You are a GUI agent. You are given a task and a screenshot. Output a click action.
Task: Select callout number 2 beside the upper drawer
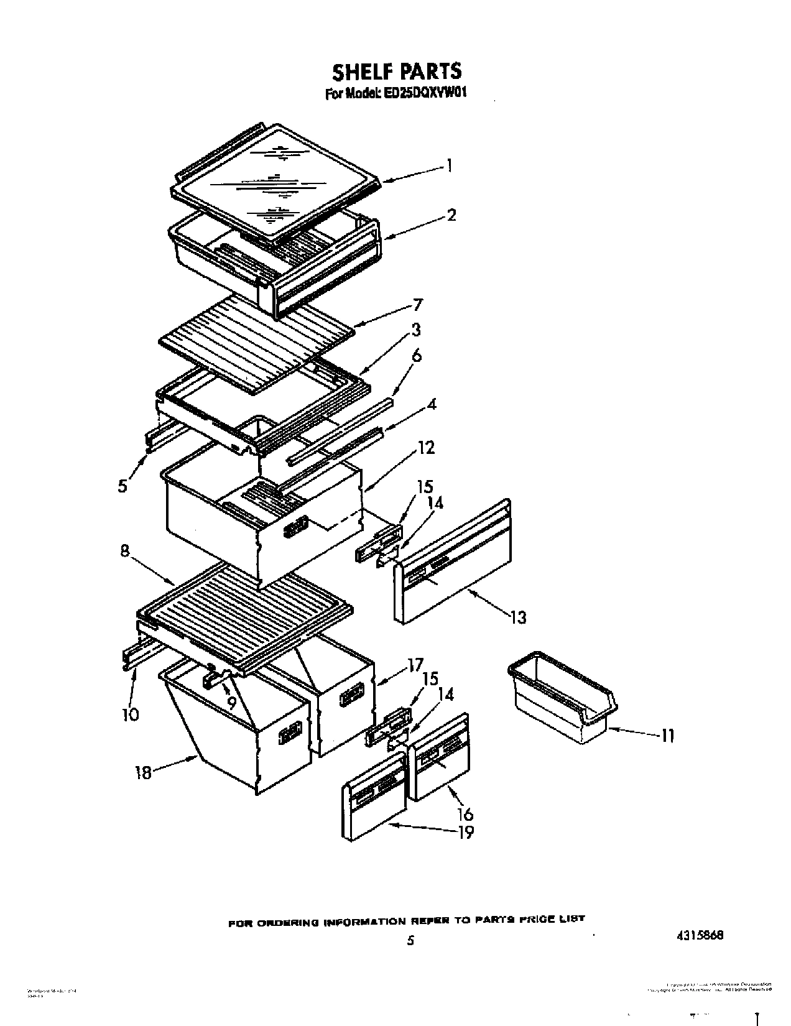pos(451,215)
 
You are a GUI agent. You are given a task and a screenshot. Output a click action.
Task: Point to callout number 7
pos(417,305)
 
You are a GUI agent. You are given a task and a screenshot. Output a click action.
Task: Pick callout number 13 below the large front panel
pos(517,617)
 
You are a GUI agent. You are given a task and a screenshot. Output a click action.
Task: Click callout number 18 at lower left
pos(143,774)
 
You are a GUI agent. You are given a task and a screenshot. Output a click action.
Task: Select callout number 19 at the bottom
pos(465,832)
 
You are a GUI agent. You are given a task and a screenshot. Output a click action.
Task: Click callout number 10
pos(131,714)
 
